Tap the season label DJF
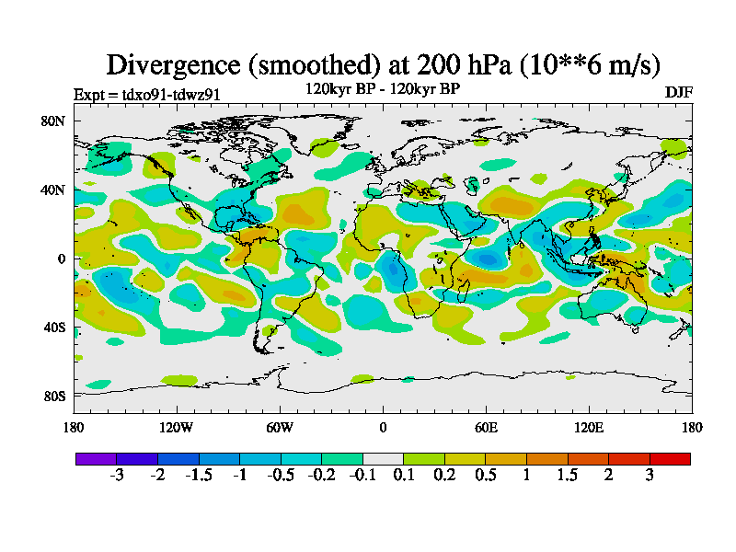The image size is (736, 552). coord(678,93)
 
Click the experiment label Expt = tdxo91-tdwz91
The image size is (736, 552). coord(146,95)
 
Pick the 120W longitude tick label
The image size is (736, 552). coord(177,427)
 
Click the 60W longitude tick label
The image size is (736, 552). coord(280,427)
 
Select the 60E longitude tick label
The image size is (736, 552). coord(486,427)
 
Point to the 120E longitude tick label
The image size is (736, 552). coord(589,427)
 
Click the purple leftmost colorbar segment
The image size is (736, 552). coord(96,458)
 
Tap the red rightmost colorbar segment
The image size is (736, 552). coord(670,458)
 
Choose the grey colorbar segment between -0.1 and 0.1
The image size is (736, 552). coord(383,458)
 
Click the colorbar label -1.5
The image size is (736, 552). coord(199,475)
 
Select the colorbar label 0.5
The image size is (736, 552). coord(486,475)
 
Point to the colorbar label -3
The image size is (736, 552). coord(117,475)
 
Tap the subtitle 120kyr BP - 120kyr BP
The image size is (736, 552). coord(383,89)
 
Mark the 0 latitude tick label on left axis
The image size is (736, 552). coord(61,259)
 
